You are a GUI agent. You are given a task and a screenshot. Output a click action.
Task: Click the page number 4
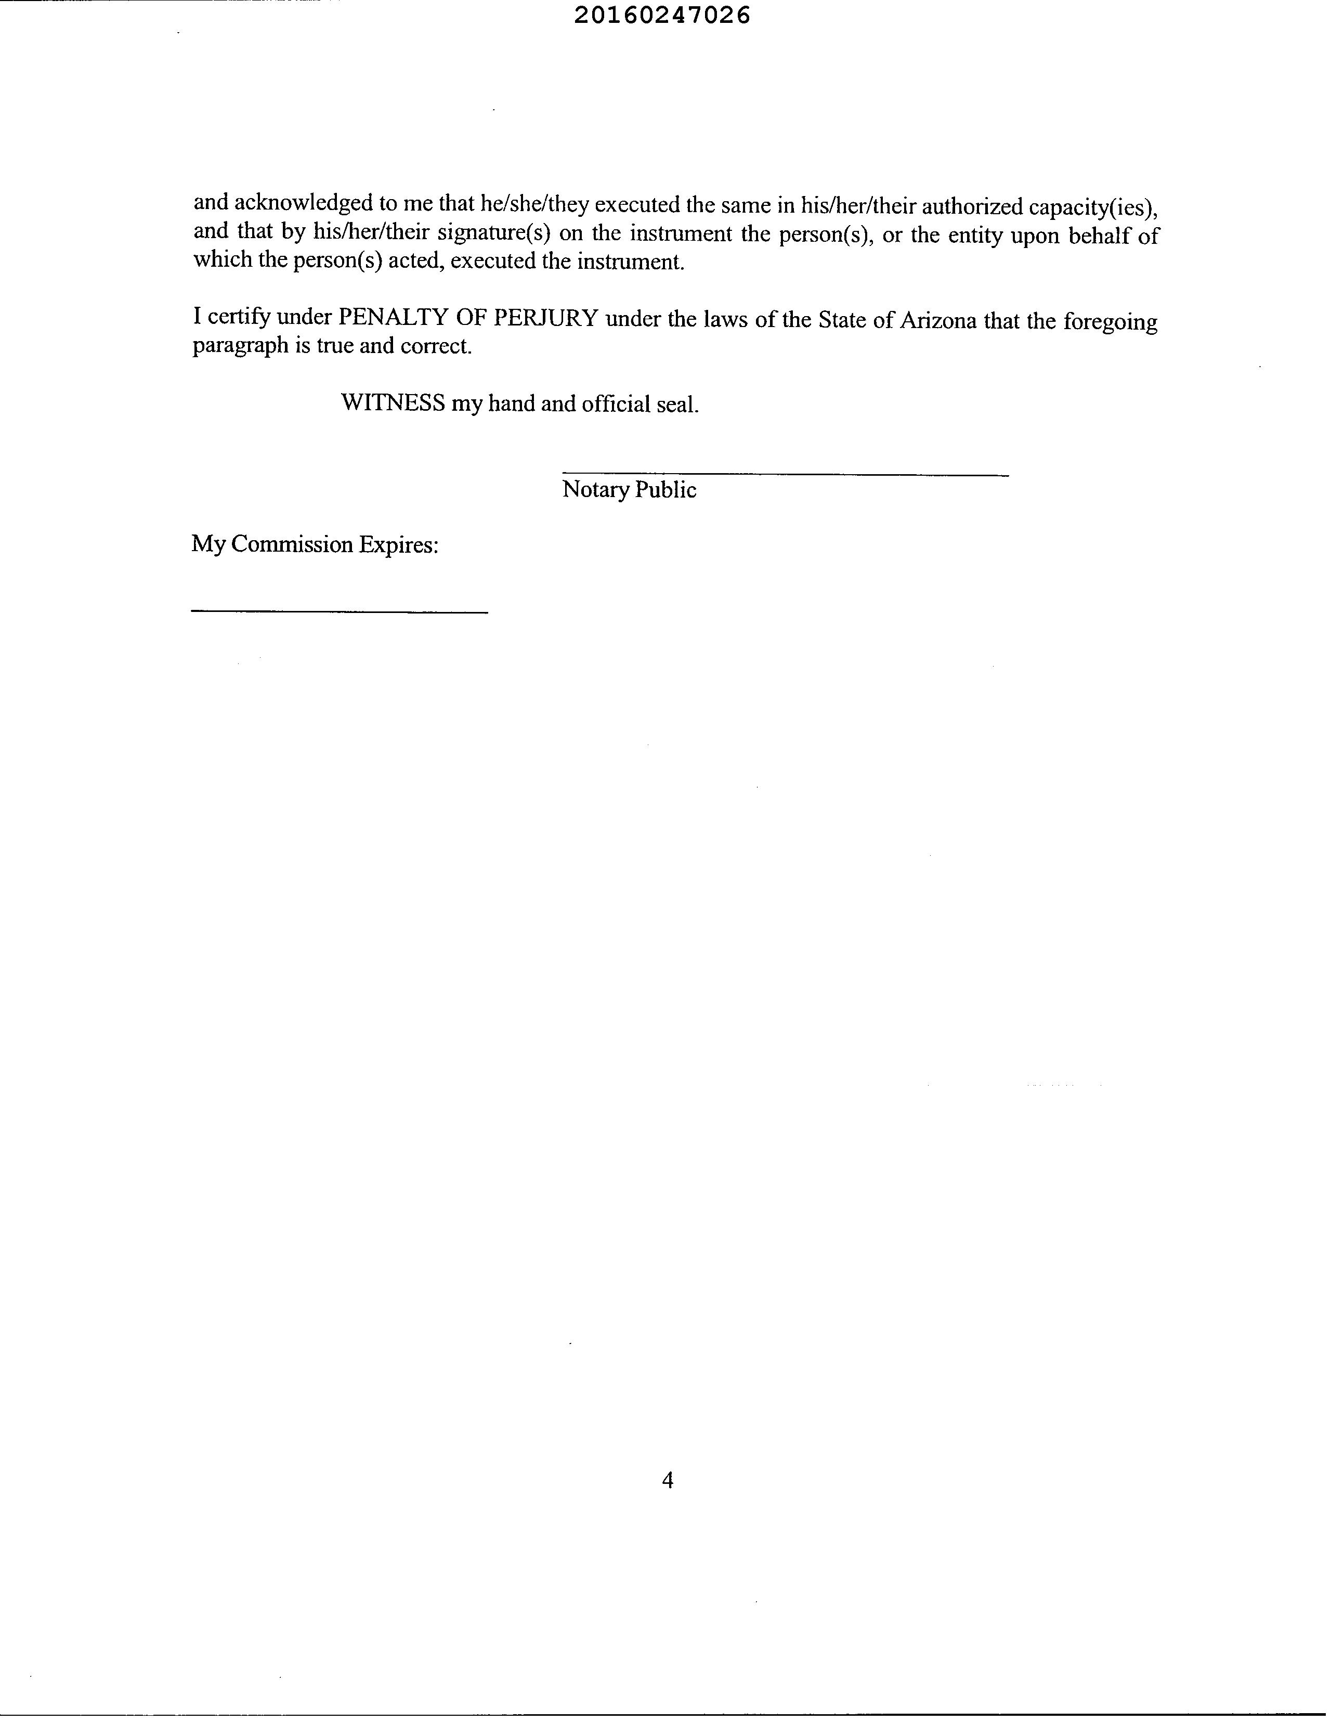click(667, 1480)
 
